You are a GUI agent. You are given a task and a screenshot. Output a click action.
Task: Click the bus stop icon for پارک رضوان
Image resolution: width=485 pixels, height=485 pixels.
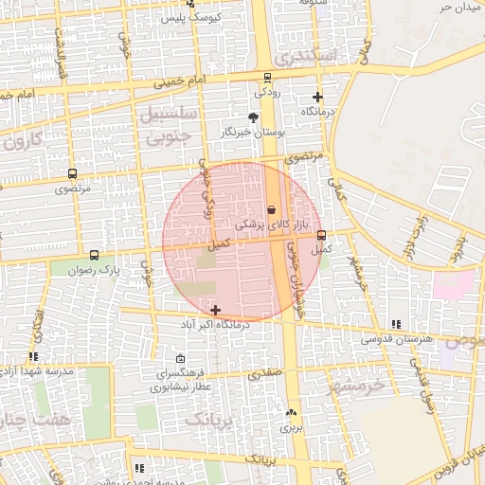tap(94, 255)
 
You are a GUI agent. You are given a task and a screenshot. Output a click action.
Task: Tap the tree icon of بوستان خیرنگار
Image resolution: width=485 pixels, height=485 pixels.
tap(253, 117)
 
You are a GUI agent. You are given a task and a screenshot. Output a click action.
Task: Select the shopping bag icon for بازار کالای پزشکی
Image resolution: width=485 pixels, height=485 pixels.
tap(273, 209)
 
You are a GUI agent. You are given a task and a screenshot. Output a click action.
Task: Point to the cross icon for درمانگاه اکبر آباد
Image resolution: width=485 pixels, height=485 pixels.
tap(216, 310)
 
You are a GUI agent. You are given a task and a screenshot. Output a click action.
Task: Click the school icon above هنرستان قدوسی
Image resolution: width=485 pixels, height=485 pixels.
tap(396, 324)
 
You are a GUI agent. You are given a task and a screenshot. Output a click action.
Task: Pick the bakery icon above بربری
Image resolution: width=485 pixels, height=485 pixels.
tap(291, 412)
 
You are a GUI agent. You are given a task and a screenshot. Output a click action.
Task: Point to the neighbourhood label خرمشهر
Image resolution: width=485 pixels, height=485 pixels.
tap(359, 386)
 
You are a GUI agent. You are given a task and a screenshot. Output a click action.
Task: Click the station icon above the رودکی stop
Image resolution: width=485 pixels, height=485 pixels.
tap(267, 78)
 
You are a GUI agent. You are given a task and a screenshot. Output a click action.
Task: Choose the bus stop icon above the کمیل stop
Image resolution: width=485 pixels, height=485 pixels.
tap(321, 234)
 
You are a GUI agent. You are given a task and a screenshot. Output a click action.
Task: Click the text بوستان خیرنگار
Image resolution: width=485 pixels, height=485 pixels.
tap(253, 134)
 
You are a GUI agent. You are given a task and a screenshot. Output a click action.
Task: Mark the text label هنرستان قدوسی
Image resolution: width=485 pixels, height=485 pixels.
tap(397, 338)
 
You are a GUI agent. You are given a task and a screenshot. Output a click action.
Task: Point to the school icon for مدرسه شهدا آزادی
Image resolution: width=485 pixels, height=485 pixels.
tap(34, 357)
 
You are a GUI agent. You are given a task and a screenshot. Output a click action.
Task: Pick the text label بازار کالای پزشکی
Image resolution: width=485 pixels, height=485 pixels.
tap(273, 225)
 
